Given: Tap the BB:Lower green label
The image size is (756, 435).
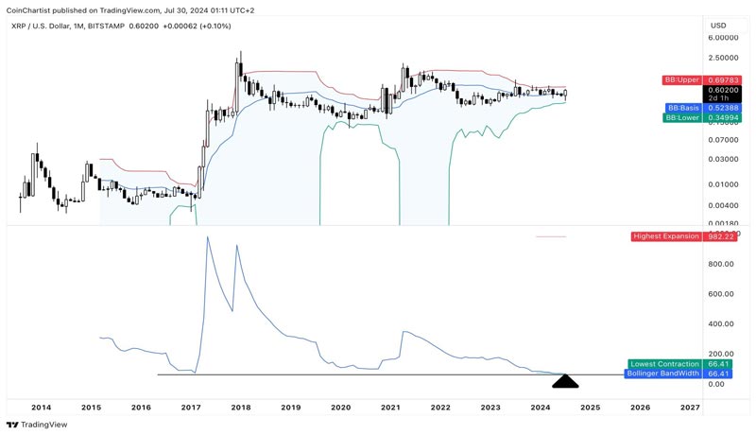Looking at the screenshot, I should (682, 117).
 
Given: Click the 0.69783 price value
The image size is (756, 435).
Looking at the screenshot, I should (724, 79).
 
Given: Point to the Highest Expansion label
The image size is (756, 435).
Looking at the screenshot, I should (665, 236).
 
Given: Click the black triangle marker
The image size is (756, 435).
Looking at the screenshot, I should (565, 382).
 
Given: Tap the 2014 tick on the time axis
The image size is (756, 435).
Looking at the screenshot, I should (41, 407).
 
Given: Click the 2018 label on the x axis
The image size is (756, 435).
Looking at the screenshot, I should (240, 407).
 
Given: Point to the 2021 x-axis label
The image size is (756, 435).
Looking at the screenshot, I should (390, 407).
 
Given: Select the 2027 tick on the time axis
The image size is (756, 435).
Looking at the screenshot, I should (690, 407).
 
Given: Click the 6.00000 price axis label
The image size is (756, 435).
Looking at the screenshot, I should (724, 38).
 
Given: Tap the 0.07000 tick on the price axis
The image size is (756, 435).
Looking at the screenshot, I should (724, 139).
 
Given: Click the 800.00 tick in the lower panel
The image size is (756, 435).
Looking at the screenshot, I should (721, 264).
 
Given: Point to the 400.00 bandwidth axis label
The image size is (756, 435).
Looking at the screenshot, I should (721, 323).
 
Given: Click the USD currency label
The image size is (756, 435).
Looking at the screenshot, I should (718, 26).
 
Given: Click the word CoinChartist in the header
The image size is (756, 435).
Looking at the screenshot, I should (28, 9).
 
